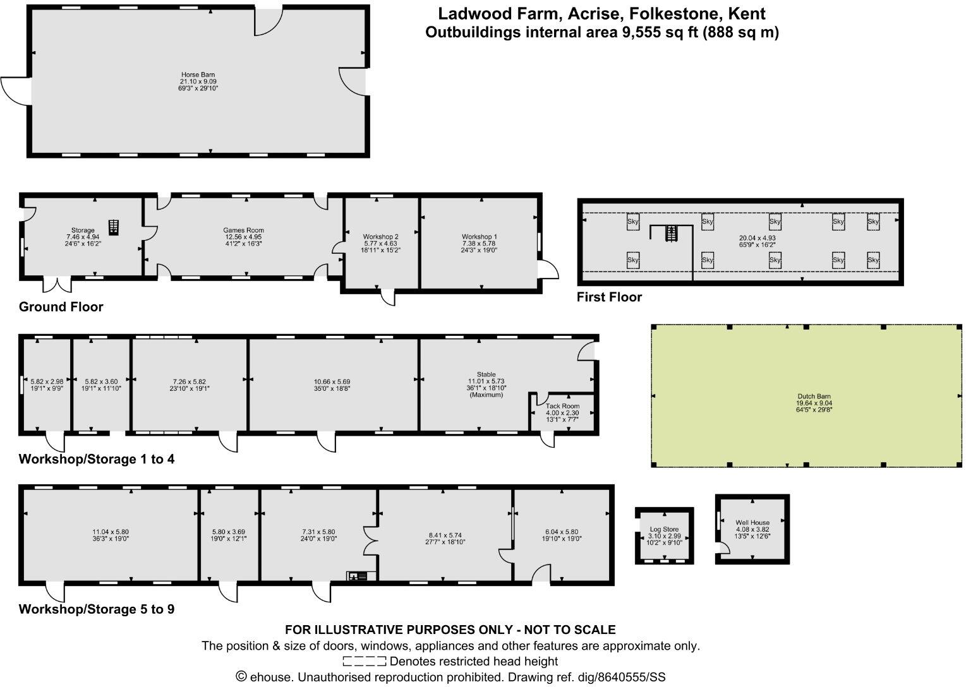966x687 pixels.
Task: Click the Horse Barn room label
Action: click(198, 75)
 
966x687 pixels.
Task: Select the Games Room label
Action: click(243, 230)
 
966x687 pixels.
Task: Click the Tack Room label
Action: click(562, 406)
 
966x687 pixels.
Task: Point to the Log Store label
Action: click(664, 529)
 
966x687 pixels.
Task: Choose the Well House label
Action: click(752, 522)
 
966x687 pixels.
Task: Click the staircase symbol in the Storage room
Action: click(113, 226)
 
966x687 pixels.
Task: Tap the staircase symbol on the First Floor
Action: click(671, 234)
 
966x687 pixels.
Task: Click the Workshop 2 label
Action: click(380, 237)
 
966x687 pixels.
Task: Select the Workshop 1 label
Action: click(480, 237)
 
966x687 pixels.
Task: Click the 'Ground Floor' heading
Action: click(61, 307)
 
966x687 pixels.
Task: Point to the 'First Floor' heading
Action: click(609, 297)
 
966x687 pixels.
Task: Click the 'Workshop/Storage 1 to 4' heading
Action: click(97, 459)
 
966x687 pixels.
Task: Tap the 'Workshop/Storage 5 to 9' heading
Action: click(97, 609)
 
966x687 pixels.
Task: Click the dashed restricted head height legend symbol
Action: click(364, 661)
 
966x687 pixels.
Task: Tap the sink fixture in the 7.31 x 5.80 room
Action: click(361, 575)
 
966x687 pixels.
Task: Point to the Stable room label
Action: click(486, 374)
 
